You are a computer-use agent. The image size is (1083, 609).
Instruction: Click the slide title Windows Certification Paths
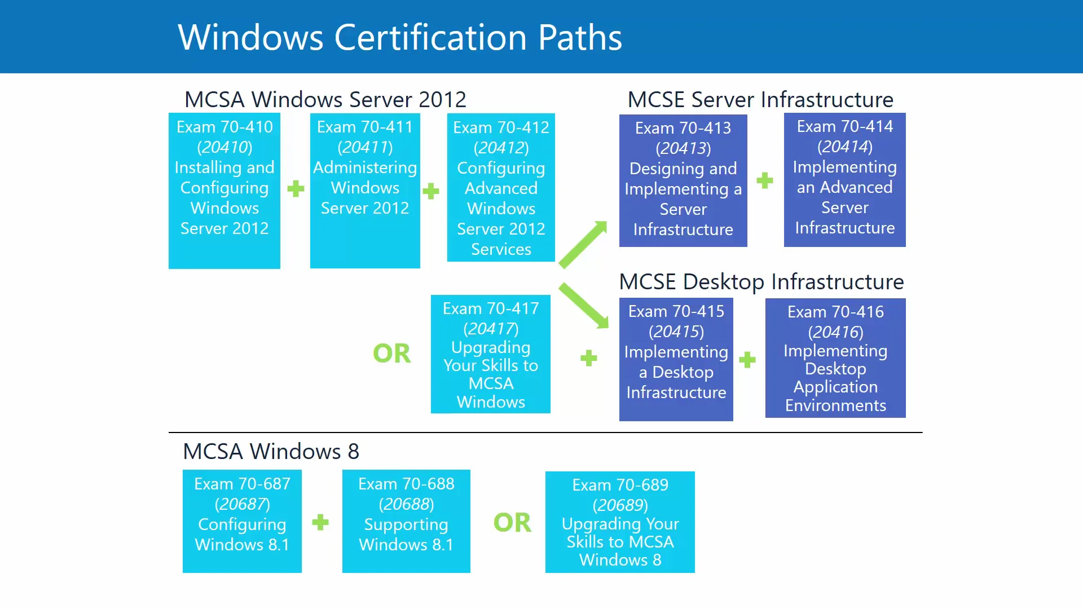coord(399,37)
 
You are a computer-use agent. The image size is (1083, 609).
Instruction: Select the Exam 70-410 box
coord(224,191)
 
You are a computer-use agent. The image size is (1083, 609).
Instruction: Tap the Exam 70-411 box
coord(365,191)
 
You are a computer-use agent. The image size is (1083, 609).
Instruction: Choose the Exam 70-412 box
coord(501,187)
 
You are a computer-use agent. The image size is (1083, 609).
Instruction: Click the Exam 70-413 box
coord(683,180)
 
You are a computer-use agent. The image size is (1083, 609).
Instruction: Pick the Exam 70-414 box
coord(844,179)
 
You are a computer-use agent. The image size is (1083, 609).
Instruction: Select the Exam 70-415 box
coord(676,359)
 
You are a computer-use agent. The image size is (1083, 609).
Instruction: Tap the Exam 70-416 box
coord(835,358)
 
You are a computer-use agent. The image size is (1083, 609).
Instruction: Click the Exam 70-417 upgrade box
coord(491,354)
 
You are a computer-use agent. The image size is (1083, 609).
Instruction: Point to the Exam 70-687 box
coord(242,521)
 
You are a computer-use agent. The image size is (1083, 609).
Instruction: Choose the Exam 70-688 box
coord(406,521)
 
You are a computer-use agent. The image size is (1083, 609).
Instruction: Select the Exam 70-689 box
coord(620,522)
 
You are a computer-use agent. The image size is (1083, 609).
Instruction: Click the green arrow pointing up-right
coord(583,244)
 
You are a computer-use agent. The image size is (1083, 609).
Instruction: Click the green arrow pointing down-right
coord(584,306)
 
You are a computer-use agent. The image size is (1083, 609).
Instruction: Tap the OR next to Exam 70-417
coord(392,354)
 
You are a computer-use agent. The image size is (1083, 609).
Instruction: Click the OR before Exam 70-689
coord(512,523)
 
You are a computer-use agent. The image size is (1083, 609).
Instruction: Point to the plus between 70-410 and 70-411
coord(296,188)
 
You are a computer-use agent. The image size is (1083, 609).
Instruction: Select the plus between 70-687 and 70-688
coord(320,522)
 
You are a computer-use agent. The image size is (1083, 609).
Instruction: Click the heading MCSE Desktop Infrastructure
coord(761,281)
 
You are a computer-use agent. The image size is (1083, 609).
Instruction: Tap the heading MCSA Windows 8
coord(271,451)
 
